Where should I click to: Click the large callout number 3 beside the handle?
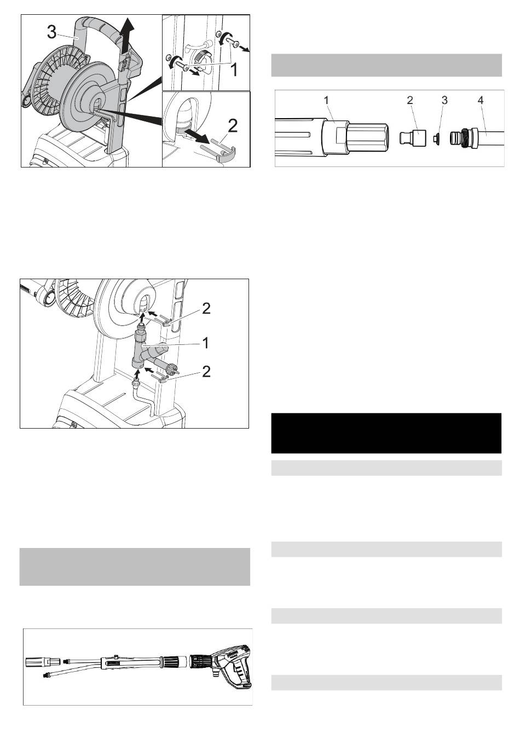51,32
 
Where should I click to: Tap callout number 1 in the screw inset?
234,70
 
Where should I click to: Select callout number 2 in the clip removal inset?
233,126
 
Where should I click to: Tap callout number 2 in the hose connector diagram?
410,100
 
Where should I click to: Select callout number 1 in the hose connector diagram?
326,100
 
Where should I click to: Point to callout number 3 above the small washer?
444,100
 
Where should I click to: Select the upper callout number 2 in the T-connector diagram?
206,308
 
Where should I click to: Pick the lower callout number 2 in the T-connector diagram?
206,372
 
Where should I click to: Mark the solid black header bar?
386,433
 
